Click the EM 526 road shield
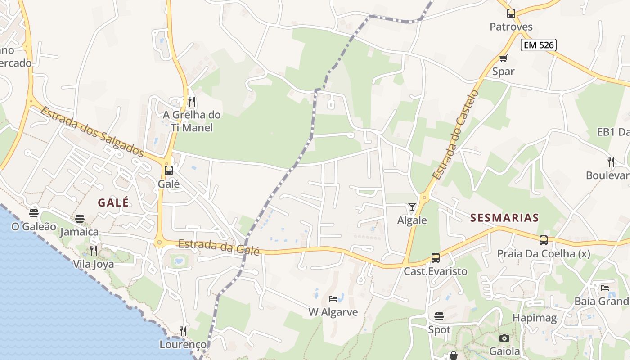539,45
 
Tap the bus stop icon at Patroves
511,13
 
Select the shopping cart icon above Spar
503,58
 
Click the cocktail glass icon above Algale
412,207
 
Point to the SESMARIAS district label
504,218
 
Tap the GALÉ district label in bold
113,202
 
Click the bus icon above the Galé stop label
169,171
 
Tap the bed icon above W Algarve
333,298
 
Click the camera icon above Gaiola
504,338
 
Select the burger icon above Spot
439,316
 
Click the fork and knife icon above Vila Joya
94,250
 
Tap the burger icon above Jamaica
80,219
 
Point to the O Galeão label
34,226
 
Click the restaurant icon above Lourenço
183,331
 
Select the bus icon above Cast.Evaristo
435,258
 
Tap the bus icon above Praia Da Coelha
544,240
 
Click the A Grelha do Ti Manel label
192,121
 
